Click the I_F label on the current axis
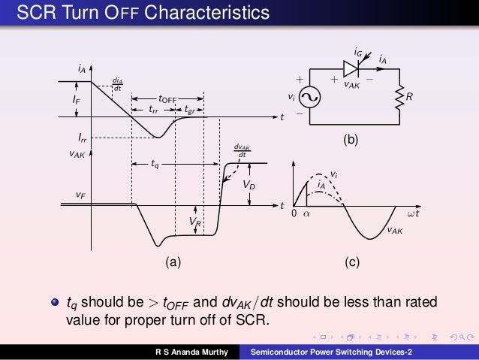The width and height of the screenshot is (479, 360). point(67,100)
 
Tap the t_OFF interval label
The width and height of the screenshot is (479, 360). point(167,98)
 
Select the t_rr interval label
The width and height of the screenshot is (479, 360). point(152,110)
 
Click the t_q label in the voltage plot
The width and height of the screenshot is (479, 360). point(155,165)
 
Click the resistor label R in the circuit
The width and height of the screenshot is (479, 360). point(409,97)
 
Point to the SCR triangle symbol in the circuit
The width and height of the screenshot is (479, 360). point(351,69)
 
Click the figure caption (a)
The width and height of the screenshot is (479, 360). point(173,262)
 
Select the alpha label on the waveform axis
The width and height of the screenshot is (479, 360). point(306,214)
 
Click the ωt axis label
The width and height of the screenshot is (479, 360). point(413,214)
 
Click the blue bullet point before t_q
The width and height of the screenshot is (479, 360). point(54,303)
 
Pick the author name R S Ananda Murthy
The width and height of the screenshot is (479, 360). point(188,352)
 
